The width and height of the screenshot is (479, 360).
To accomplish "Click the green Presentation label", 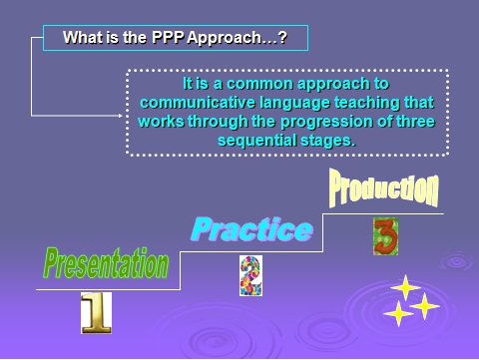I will pos(106,263).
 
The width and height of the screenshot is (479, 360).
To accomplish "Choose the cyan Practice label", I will pos(251,230).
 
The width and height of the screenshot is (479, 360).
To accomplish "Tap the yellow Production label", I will pos(384,187).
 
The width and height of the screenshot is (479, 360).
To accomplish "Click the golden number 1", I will pos(96,313).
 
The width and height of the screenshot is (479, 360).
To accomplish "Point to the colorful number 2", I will pos(250,275).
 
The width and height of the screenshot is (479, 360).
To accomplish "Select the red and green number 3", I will pos(385,236).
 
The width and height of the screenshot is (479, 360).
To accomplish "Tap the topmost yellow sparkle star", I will pos(405,287).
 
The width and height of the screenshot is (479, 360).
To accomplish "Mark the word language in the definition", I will pos(288,103).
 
